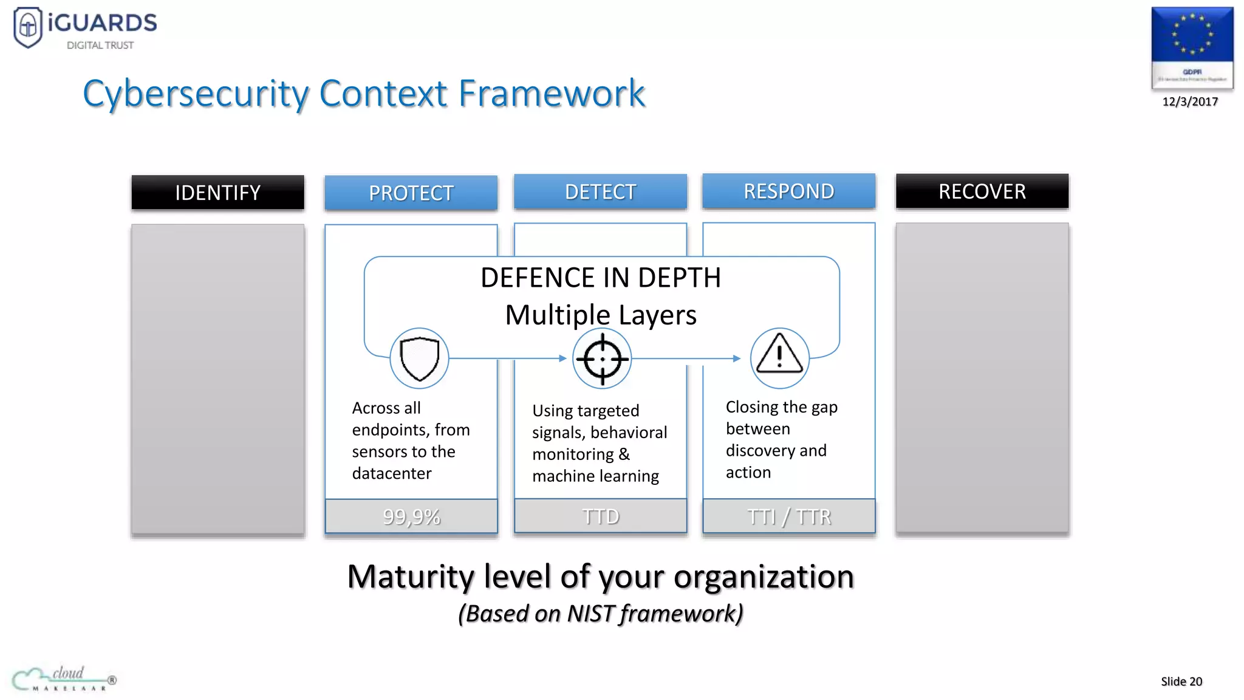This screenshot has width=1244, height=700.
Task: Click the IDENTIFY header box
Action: (217, 193)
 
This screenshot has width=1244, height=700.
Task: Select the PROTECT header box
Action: (411, 193)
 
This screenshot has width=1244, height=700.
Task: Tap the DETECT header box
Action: (600, 192)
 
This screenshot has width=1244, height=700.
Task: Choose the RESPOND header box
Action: (788, 191)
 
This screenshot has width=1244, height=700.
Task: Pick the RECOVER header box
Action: (982, 191)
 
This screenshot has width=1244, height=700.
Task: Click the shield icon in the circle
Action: (419, 359)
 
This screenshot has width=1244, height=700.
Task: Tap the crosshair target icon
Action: (602, 359)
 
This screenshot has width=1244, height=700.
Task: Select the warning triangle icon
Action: (779, 357)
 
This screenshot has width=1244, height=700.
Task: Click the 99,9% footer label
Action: (411, 516)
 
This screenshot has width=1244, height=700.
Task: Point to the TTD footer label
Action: (600, 516)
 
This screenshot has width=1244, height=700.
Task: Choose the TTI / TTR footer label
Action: (788, 516)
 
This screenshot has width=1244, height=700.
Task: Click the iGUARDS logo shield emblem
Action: (28, 27)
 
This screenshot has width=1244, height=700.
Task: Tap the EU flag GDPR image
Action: (1192, 47)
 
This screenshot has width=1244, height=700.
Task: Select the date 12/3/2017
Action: (1190, 101)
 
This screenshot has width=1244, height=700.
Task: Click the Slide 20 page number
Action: (1181, 681)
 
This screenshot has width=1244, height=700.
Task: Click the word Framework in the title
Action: (551, 94)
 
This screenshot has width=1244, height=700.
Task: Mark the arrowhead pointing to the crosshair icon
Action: (562, 359)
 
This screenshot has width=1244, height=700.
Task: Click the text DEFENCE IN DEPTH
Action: (600, 278)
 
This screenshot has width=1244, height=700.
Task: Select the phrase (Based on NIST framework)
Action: (600, 614)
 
